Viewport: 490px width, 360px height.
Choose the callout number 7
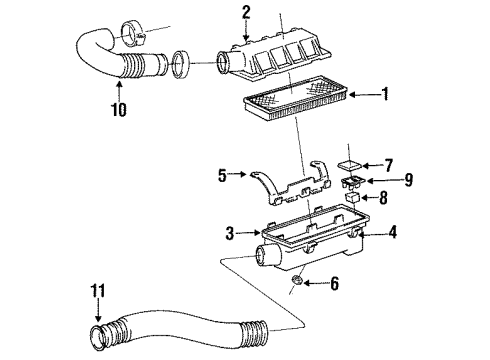click(x=390, y=165)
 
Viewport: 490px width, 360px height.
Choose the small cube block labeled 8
click(x=354, y=199)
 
